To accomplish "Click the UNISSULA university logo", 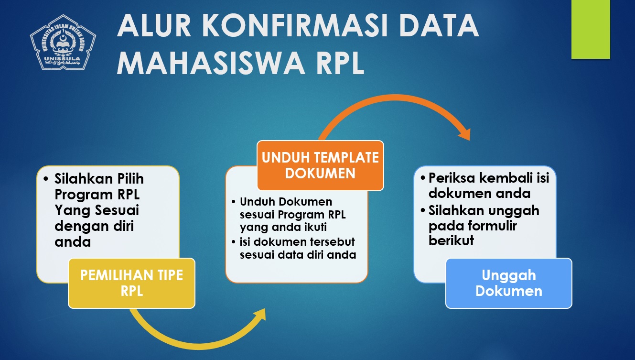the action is click(63, 42).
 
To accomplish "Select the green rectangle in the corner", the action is click(591, 29).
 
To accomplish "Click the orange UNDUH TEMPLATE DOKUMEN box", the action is click(320, 165).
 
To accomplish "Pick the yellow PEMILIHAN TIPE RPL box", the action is click(131, 283).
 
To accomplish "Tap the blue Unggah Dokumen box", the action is click(509, 283).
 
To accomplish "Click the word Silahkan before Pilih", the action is click(84, 179).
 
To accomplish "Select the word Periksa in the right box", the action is click(452, 178).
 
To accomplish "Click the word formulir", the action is click(492, 226).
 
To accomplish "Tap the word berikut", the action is click(451, 240).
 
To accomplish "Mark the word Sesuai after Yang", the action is click(117, 210).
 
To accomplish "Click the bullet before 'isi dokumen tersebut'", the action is click(233, 242).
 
